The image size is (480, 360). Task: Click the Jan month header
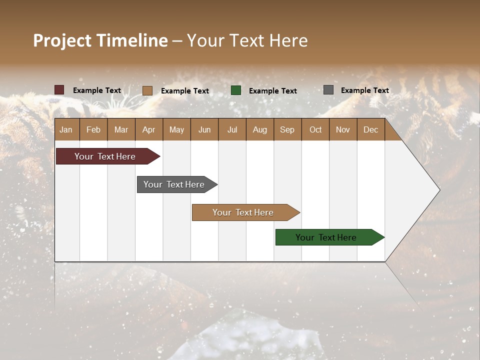point(66,129)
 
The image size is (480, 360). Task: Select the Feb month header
point(93,129)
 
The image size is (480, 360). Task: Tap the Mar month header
point(121,129)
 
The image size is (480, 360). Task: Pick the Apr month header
point(148,129)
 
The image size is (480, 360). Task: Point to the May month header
point(176,129)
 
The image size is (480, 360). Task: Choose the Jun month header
point(204,129)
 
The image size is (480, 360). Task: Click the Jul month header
point(232,129)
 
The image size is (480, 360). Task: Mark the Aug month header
point(260,129)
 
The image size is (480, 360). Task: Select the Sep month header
point(287,129)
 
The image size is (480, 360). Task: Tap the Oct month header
point(315,129)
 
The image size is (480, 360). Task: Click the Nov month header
point(343,129)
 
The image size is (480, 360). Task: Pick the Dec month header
point(371,129)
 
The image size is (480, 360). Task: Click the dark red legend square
point(59,90)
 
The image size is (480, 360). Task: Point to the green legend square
point(236,90)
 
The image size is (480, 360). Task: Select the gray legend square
point(328,90)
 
